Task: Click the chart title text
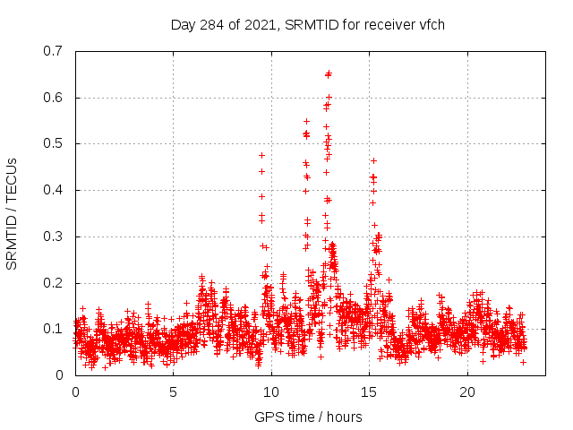(x=308, y=24)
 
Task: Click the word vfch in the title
(x=431, y=24)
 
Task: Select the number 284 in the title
(x=218, y=24)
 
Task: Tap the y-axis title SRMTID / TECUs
(x=13, y=213)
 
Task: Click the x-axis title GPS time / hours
(x=308, y=417)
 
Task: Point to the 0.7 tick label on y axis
(x=54, y=51)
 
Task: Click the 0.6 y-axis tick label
(x=54, y=98)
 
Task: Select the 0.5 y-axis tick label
(x=54, y=143)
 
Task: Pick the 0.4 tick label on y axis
(x=54, y=190)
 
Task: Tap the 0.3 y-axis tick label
(x=54, y=236)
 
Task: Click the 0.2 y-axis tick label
(x=54, y=283)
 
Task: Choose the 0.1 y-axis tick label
(x=54, y=329)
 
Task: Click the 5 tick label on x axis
(x=173, y=392)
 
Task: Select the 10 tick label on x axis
(x=271, y=392)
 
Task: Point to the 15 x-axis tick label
(x=369, y=392)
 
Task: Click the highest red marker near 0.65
(x=329, y=73)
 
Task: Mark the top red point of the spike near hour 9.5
(x=261, y=155)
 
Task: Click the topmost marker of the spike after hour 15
(x=373, y=160)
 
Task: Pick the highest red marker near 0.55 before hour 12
(x=306, y=121)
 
